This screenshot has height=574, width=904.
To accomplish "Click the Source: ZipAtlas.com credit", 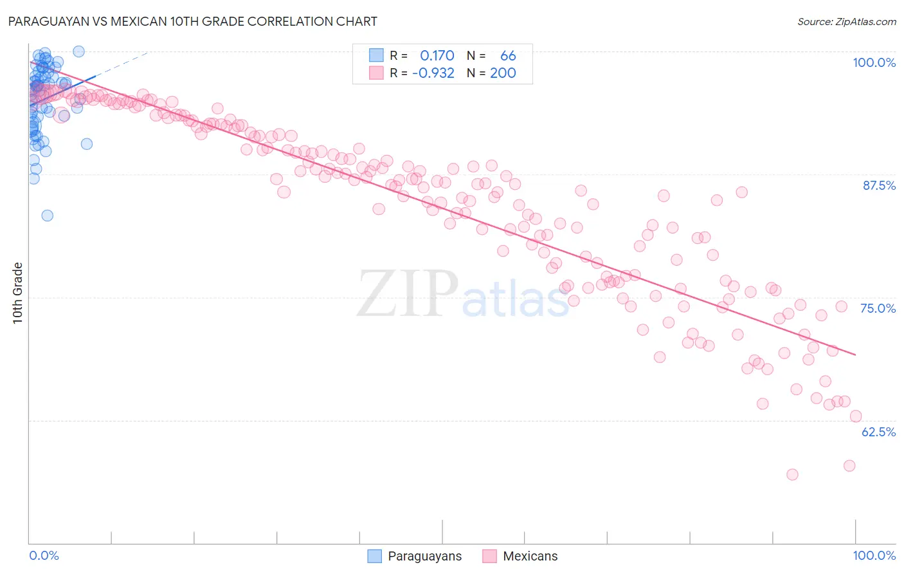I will coord(846,21).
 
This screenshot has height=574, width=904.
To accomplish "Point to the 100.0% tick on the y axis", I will coord(874,62).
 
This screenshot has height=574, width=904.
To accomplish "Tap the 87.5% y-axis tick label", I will coord(878,185).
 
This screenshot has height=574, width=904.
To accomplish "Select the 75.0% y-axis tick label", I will coord(878,308).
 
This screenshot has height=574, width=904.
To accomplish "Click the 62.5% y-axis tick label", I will coord(878,432).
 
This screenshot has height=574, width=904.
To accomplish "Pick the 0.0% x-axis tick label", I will coord(44,555).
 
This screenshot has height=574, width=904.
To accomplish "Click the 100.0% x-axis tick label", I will coord(874,555).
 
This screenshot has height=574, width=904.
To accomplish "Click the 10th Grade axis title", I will coord(18,293).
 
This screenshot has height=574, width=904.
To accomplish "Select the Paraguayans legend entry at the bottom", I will coord(415,556).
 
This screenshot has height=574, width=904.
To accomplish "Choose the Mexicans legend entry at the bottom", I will coord(521,556).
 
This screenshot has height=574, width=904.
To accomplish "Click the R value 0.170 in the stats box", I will coord(437,56).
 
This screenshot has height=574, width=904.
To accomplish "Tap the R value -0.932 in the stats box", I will coord(433,73).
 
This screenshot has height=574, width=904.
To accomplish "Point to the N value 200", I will coord(503,73).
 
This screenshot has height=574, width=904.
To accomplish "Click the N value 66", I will coord(508,56).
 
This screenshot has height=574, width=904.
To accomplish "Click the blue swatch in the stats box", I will coord(376,55).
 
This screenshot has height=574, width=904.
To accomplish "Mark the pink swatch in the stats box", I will coord(376,73).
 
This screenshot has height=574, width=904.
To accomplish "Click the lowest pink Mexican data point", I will coord(792,474).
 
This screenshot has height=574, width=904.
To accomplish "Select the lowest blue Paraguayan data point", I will coord(47,216).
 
